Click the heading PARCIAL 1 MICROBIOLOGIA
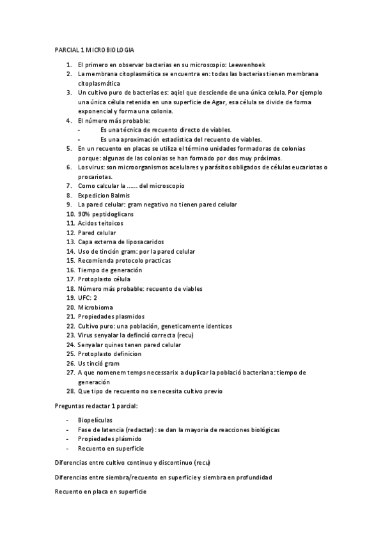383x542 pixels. pos(94,50)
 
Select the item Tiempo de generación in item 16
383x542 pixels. pos(109,270)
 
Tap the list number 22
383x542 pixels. pos(70,325)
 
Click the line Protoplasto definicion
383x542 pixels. pos(109,353)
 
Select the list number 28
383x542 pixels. pos(70,391)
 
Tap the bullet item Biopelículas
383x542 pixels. pos(95,421)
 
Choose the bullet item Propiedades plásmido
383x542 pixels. pos(109,439)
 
